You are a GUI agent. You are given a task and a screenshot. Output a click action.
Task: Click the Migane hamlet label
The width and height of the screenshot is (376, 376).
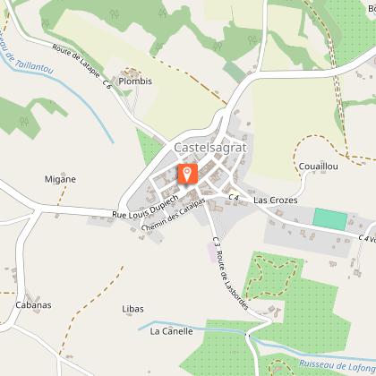click(x=61, y=178)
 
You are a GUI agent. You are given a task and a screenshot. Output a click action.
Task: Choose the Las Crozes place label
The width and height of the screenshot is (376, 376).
click(x=275, y=201)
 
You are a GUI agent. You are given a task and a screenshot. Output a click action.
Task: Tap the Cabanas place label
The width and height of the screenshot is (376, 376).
click(x=33, y=304)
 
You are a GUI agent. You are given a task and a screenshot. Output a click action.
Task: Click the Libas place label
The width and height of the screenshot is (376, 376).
click(x=132, y=309)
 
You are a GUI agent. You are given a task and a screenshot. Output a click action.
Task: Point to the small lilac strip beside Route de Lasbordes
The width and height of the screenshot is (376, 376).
click(x=213, y=254)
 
